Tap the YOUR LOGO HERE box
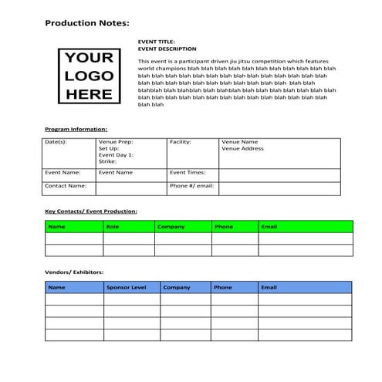90,76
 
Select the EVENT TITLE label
156,41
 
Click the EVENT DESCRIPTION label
167,49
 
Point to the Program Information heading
76,129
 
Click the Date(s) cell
56,142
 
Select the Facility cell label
181,142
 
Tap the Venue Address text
242,148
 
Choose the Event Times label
188,173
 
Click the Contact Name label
65,185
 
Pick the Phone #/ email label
191,185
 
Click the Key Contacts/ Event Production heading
91,211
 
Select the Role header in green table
113,227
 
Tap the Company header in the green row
171,227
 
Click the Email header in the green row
269,227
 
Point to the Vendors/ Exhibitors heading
74,272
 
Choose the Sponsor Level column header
127,287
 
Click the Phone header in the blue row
222,287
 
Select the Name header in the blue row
56,287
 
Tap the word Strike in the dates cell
107,161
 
